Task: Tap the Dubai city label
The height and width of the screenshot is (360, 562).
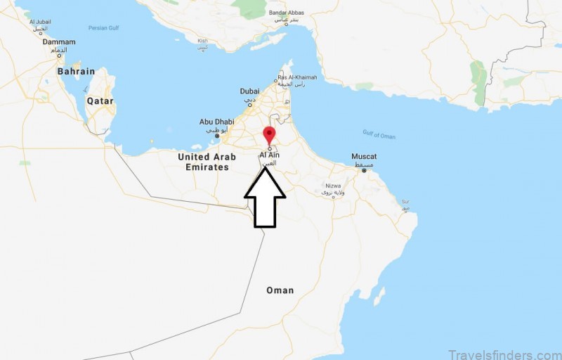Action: click(249, 91)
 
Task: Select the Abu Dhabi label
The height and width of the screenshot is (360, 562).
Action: click(216, 122)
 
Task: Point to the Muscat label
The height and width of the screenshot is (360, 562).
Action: click(364, 156)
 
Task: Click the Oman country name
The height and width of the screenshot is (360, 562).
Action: click(280, 290)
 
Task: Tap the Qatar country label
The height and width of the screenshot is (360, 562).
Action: click(100, 101)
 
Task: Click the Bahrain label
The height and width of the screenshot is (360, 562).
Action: click(76, 71)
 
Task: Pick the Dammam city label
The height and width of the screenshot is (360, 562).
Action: click(59, 41)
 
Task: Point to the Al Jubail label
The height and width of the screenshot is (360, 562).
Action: click(40, 22)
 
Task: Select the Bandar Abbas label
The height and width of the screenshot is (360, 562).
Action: click(286, 13)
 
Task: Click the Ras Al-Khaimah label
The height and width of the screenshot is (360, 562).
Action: click(297, 77)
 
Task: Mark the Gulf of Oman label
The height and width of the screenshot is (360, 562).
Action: click(379, 135)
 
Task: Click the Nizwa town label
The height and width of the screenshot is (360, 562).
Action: click(332, 186)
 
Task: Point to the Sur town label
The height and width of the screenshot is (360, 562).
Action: click(405, 200)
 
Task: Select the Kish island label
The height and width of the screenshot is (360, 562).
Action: click(203, 41)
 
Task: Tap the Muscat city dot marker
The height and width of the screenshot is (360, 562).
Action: click(364, 170)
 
